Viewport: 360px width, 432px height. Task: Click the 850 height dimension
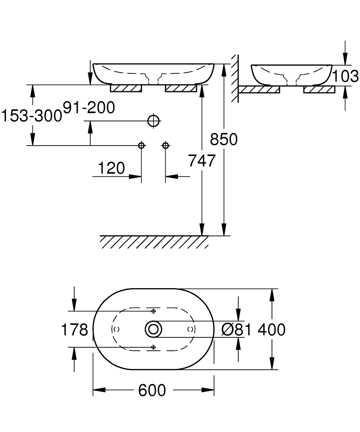pos(224,139)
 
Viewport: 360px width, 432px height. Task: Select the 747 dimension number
pos(202,161)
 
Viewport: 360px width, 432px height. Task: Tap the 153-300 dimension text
pos(32,115)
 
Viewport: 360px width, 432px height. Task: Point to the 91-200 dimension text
pos(89,108)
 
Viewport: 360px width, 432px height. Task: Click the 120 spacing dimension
pos(111,168)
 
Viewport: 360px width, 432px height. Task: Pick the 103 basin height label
pos(346,76)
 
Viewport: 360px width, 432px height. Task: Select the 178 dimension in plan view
pos(74,329)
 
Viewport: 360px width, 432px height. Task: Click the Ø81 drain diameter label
pos(237,329)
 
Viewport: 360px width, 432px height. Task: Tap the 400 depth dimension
pos(272,329)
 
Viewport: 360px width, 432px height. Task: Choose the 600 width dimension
pos(152,390)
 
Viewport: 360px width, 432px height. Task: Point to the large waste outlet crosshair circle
pos(154,121)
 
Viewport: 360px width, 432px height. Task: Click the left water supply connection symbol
pos(141,145)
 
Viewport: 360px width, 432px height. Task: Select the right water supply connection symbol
pos(165,145)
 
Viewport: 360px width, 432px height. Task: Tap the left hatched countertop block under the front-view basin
pos(126,88)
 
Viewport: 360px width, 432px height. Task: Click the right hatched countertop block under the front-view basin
pos(181,88)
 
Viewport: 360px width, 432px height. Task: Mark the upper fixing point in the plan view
pos(154,311)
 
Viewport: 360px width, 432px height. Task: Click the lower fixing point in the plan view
pos(154,347)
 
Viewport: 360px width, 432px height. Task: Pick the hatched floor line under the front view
pos(154,242)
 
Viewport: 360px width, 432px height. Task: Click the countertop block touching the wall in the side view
pos(259,89)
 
